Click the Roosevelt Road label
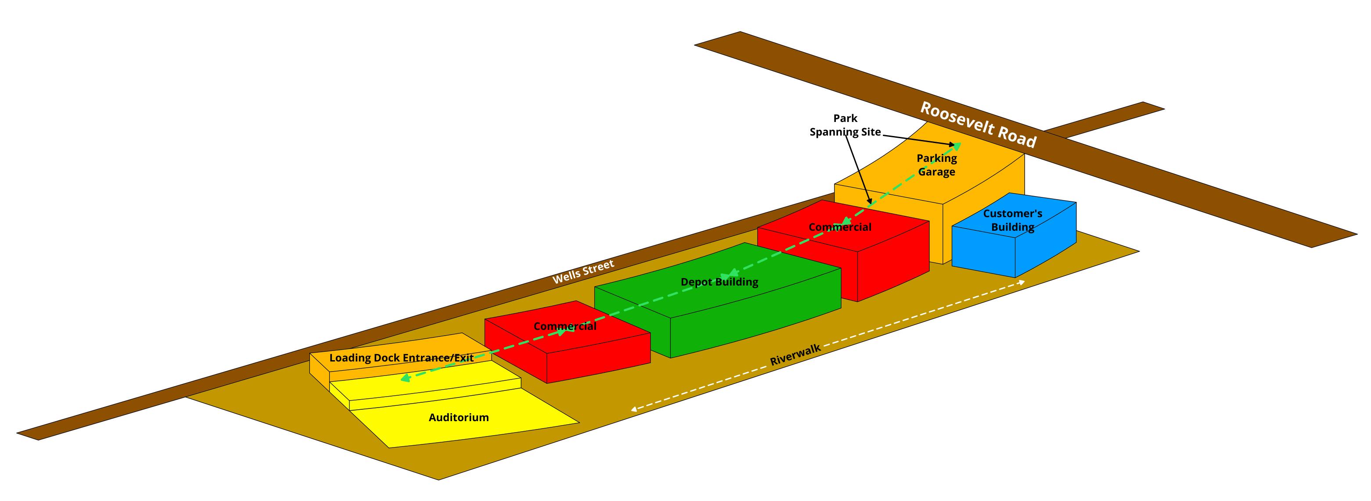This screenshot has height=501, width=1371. coord(978,125)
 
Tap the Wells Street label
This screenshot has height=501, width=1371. coord(583,271)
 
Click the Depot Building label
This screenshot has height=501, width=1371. coord(719,282)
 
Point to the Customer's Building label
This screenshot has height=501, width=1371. coord(1012,220)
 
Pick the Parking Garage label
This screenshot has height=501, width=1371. coord(936,165)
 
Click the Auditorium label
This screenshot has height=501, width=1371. coord(458,418)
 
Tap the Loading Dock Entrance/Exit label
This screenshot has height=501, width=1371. coord(401,358)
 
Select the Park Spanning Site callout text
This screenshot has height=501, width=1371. coord(845,125)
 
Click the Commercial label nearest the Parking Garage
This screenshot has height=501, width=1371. coord(840,227)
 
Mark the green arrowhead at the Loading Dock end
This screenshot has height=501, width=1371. coord(404,378)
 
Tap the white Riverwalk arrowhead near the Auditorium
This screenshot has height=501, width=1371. coord(634,409)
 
